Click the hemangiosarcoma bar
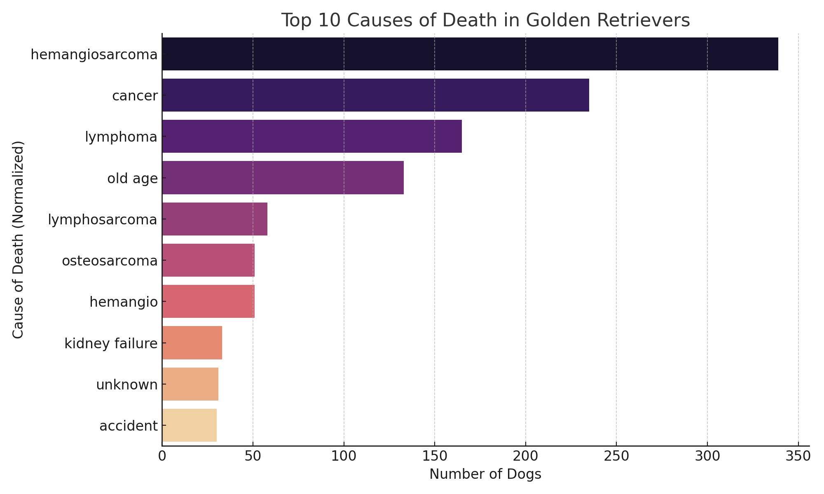coord(470,54)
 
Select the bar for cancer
coord(375,95)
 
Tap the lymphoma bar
coord(312,136)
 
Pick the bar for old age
coord(283,177)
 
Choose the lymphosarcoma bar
coord(215,219)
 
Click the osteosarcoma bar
coord(208,260)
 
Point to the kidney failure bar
coord(192,343)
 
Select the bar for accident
coord(190,425)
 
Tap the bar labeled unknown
coord(190,384)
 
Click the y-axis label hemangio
coord(124,302)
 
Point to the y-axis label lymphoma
coord(121,137)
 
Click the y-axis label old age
coord(132,178)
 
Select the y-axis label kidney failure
coord(111,343)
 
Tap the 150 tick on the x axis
coord(434,456)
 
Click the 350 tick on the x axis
coord(798,456)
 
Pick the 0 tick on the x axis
coord(162,456)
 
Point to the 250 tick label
coord(616,456)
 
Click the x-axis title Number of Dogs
coord(485,474)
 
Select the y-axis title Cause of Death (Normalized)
coord(18,240)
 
